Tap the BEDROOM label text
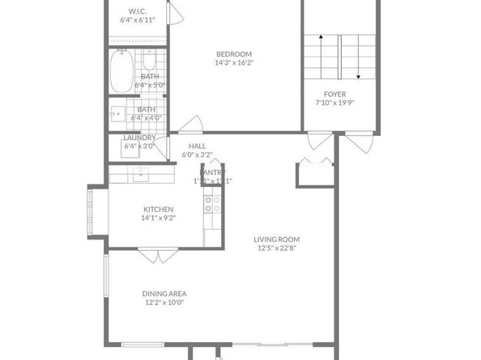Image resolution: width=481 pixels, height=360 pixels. click(234, 53)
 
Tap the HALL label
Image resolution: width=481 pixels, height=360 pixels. click(198, 146)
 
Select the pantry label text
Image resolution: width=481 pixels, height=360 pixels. click(213, 172)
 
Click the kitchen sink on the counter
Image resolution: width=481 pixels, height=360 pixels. click(141, 172)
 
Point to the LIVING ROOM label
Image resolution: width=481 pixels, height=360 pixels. click(277, 239)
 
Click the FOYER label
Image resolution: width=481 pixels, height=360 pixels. click(335, 95)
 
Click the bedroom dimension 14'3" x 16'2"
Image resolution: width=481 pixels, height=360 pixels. click(234, 63)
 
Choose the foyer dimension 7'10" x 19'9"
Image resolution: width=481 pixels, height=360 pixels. click(335, 104)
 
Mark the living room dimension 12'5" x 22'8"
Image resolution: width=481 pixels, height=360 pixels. click(277, 248)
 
